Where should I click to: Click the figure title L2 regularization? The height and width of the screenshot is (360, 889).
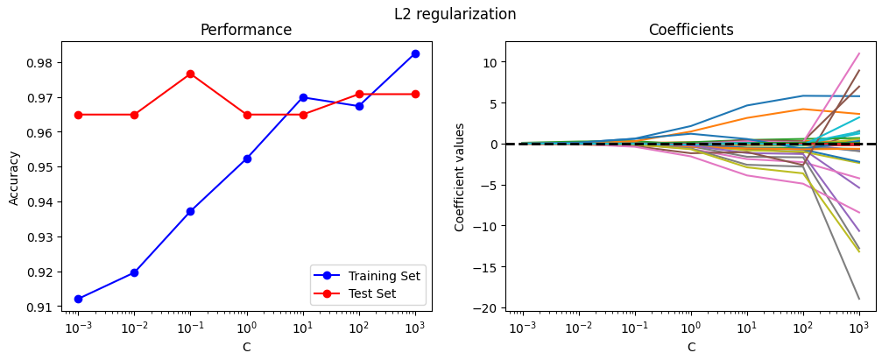pyautogui.click(x=455, y=14)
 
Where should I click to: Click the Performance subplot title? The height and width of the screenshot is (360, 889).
pyautogui.click(x=246, y=30)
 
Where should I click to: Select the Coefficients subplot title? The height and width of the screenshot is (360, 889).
pyautogui.click(x=691, y=30)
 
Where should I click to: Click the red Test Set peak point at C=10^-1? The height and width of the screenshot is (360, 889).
pyautogui.click(x=190, y=74)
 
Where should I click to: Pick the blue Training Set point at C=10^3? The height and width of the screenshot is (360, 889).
pyautogui.click(x=415, y=53)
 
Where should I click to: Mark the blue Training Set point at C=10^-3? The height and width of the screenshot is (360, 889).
pyautogui.click(x=78, y=299)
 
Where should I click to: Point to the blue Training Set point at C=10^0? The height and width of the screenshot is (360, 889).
pyautogui.click(x=247, y=159)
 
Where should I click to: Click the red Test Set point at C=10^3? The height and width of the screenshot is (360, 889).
pyautogui.click(x=415, y=94)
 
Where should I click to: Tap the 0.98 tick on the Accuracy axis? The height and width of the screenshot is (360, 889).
pyautogui.click(x=45, y=62)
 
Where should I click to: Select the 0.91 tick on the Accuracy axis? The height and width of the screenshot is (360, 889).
pyautogui.click(x=45, y=307)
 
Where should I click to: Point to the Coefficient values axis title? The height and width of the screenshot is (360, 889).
pyautogui.click(x=460, y=176)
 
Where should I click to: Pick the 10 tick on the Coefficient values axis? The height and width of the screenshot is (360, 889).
pyautogui.click(x=490, y=62)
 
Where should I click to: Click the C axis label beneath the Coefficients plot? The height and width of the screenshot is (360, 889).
pyautogui.click(x=691, y=347)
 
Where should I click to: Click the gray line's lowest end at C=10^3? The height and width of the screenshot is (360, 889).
pyautogui.click(x=859, y=299)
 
